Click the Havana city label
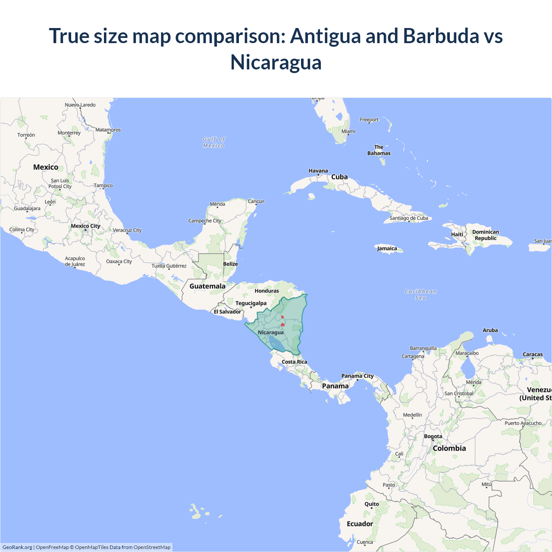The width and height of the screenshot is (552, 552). (x=318, y=171)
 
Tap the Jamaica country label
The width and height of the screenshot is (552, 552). (x=387, y=248)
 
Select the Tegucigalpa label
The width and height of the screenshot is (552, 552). (x=251, y=303)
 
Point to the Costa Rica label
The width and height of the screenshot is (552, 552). (x=295, y=362)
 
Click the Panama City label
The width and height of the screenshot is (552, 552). (x=358, y=376)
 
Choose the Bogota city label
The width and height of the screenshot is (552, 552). (x=433, y=436)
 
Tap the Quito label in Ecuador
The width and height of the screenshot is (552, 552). (x=372, y=504)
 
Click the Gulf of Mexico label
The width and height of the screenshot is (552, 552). (x=214, y=142)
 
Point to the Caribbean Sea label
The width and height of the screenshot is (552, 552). (x=420, y=295)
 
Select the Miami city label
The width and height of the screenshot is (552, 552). (x=348, y=132)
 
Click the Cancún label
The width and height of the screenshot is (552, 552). (x=256, y=201)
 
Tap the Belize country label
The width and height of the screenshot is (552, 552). (x=230, y=264)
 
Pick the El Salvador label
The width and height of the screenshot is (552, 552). (x=227, y=312)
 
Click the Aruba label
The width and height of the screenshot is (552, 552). (x=490, y=330)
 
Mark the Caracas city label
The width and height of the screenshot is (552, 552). (x=533, y=354)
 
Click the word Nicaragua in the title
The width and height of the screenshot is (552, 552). (x=276, y=62)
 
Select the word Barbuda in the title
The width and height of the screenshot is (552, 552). (x=441, y=36)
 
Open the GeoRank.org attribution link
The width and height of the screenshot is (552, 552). (x=17, y=547)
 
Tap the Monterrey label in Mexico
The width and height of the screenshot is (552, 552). (x=69, y=133)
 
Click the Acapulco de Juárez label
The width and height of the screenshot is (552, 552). (x=75, y=261)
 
